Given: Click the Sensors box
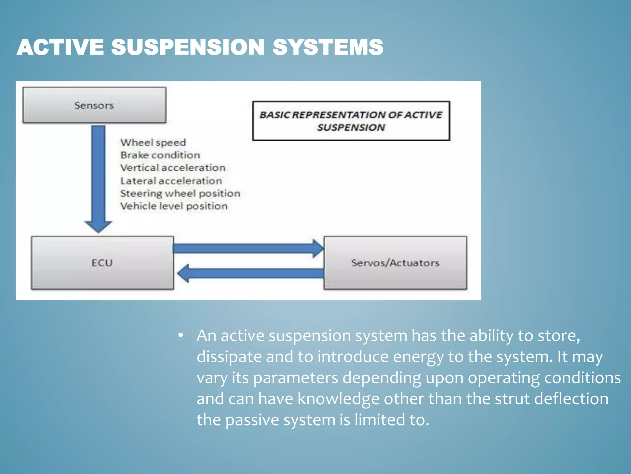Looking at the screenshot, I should (94, 105).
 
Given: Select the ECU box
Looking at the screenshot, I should (102, 263).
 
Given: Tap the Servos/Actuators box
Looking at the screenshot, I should (395, 263).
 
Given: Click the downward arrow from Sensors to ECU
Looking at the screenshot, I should (98, 176).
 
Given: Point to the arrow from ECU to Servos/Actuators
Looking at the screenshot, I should (246, 248).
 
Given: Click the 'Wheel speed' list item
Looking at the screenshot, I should (153, 143).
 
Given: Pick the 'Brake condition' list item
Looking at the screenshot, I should (160, 155).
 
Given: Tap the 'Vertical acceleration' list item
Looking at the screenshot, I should (173, 168).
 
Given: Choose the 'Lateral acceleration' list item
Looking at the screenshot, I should (171, 181).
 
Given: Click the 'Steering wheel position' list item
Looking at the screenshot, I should (180, 193).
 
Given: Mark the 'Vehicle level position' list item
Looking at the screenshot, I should (174, 206).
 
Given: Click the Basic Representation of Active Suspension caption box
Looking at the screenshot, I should (351, 121).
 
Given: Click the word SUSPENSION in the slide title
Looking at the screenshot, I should (188, 48).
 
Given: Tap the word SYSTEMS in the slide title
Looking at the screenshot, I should (328, 48).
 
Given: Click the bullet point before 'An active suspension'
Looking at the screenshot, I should (181, 335).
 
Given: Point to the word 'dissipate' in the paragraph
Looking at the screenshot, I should (229, 357).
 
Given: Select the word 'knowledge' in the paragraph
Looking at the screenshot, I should (338, 399).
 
